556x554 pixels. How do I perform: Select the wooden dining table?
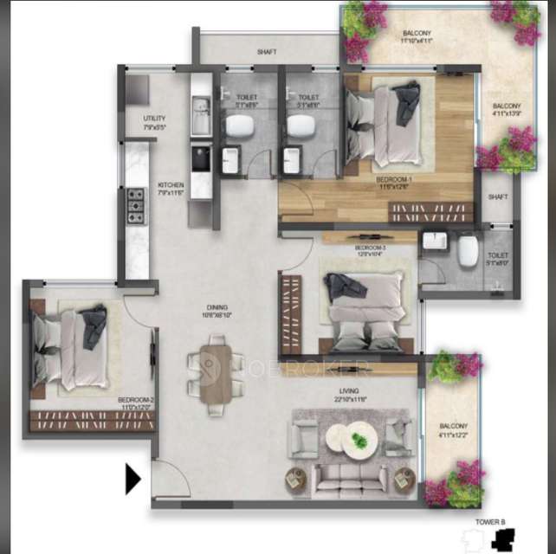pyautogui.click(x=216, y=374)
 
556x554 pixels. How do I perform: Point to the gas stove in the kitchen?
pyautogui.click(x=136, y=206)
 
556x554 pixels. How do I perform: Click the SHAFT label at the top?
pyautogui.click(x=267, y=52)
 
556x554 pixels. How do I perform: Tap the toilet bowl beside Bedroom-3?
pyautogui.click(x=469, y=252)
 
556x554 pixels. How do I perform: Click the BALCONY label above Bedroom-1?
pyautogui.click(x=417, y=38)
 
